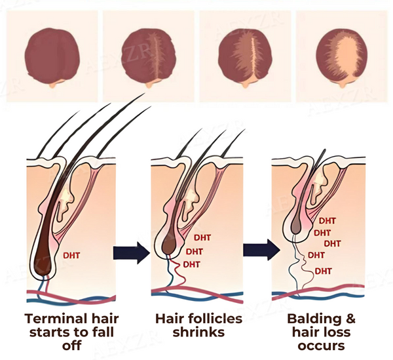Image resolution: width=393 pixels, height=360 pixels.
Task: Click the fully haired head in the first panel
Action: point(52,57)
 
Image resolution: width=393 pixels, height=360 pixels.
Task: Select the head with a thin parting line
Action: point(149,57)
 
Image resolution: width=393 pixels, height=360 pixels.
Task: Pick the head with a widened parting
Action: point(245,57)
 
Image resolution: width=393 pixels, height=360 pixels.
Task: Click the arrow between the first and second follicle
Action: point(132,252)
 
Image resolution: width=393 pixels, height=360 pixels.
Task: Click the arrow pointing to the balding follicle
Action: point(261,250)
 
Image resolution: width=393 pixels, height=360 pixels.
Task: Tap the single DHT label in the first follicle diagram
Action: point(71,256)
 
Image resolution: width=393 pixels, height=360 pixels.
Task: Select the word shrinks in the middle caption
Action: point(198,332)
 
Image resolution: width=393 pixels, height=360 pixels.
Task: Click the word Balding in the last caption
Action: point(314,319)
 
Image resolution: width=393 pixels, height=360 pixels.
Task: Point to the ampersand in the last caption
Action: point(350,319)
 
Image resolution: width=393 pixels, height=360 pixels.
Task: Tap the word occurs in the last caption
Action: point(322,346)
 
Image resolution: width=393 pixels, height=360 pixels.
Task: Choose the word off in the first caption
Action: point(71,345)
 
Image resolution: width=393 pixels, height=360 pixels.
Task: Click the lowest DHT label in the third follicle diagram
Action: point(324,271)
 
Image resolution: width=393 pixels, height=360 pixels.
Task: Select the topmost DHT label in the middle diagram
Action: point(202,237)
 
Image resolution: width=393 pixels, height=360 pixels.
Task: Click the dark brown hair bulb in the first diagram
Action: point(45,261)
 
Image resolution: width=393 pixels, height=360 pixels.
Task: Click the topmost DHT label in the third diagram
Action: point(327,221)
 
